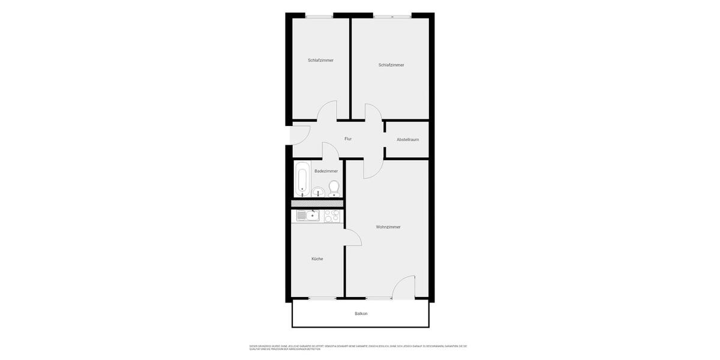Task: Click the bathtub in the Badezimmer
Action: coord(302,179)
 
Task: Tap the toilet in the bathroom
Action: coord(334,187)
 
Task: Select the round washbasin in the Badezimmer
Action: coord(318,192)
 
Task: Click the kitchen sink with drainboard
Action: coord(308,215)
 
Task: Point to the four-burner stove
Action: coord(332,215)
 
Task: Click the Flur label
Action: coord(348,139)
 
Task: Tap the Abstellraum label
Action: coord(407,140)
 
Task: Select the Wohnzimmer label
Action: coord(388,227)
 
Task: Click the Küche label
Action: coord(317,259)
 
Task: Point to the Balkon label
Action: coord(361,314)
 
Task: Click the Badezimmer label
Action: coord(326,171)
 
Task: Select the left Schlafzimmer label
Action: coord(320,60)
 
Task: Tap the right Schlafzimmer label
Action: coord(391,65)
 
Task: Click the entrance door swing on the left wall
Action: coord(299,136)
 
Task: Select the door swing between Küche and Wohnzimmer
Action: coord(352,238)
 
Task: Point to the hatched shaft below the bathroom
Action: coord(317,203)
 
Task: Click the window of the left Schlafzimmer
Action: coord(319,16)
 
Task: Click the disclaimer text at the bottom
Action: coord(358,347)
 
